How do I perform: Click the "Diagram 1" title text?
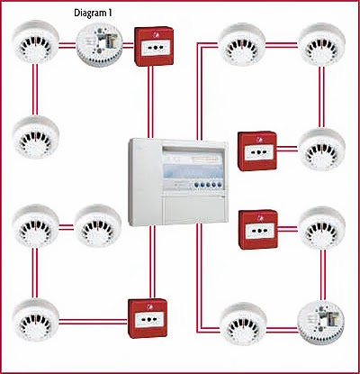tap(93, 13)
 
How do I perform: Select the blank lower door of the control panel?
tap(193, 209)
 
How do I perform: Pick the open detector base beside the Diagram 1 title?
tap(99, 44)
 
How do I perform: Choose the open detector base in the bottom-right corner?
tap(321, 324)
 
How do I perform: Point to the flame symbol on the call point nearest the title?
tap(156, 35)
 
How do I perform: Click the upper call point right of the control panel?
tap(257, 151)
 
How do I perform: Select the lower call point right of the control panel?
tap(258, 230)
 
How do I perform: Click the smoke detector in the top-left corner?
tap(36, 41)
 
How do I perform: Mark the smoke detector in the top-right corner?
tap(322, 44)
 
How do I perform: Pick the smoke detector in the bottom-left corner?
tap(36, 320)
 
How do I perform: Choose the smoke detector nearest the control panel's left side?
tap(98, 226)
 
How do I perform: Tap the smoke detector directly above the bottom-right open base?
tap(322, 228)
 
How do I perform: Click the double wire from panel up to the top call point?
tap(150, 102)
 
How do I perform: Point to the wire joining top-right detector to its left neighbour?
tap(282, 45)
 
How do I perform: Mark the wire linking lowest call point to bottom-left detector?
tap(94, 322)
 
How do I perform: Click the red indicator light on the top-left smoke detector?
tap(36, 41)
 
